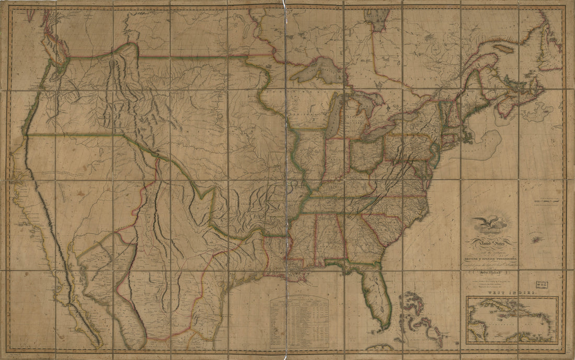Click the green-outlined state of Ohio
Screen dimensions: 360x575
366,154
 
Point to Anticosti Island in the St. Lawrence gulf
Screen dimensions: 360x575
503,48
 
